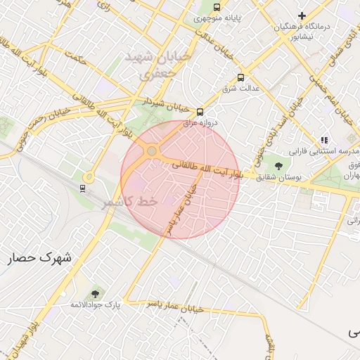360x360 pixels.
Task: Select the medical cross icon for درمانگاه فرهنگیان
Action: pos(302,15)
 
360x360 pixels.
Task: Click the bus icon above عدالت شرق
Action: pos(241,77)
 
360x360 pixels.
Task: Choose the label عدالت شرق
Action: pos(241,89)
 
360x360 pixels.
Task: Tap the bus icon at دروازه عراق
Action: pos(200,111)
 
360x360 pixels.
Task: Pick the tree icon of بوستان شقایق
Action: pos(279,167)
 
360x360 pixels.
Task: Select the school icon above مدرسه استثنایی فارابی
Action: pos(323,140)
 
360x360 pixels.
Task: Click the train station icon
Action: pos(82,188)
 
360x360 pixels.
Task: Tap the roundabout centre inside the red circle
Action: pos(151,150)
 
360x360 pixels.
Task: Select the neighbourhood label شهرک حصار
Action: pos(40,258)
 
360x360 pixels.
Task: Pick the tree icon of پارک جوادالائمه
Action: pos(95,293)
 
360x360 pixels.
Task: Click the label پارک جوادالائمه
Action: pos(96,305)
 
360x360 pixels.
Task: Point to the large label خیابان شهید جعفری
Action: pos(149,63)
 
